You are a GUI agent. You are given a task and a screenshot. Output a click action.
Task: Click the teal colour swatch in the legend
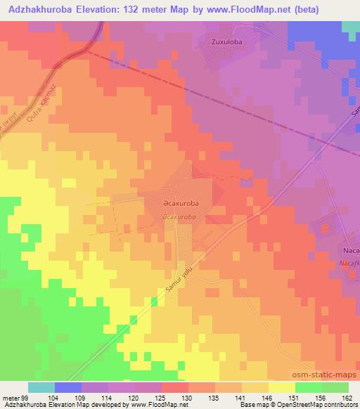tap(41, 387)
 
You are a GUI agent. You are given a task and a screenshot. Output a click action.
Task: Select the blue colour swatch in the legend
tap(68, 387)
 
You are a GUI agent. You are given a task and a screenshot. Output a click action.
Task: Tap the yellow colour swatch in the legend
tap(281, 387)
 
